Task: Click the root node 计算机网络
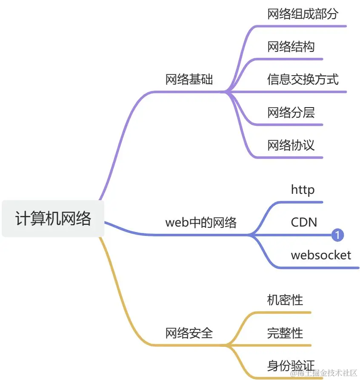coord(53,218)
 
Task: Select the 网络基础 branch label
coord(189,79)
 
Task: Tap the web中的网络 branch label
coord(200,222)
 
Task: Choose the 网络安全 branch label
coord(189,333)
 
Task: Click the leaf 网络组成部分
coord(303,14)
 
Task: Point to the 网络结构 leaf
coord(291,46)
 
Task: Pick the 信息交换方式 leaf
coord(303,79)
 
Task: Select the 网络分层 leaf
coord(291,112)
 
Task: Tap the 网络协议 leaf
coord(291,145)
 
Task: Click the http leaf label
coord(303,190)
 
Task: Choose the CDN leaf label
coord(304,222)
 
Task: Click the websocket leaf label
coord(321,255)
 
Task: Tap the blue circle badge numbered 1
coord(337,235)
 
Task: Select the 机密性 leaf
coord(285,300)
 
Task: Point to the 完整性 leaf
coord(285,333)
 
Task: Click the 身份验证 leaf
coord(291,365)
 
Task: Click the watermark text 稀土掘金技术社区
coord(323,373)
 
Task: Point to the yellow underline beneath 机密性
coord(285,312)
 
